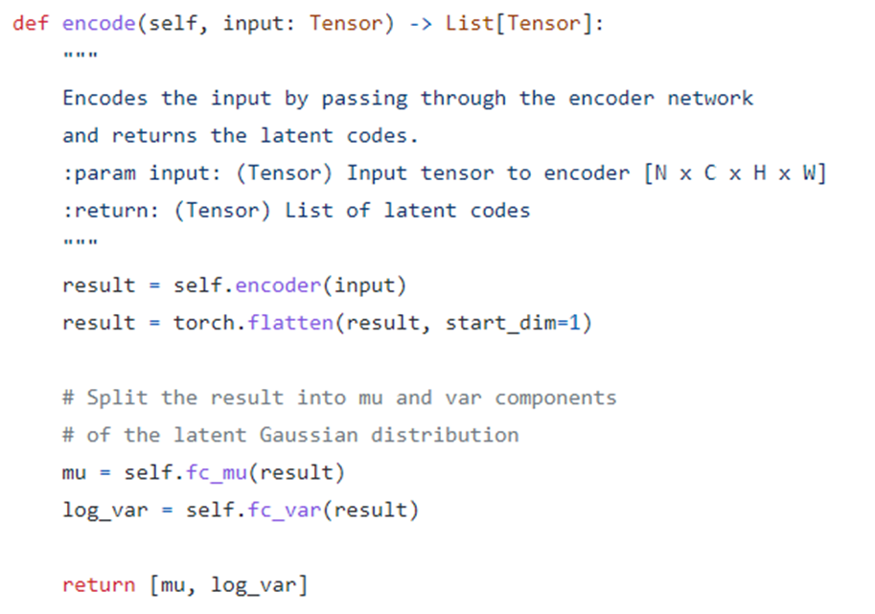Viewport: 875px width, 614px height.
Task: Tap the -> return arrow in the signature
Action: tap(421, 24)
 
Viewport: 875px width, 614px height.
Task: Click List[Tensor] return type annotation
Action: tap(519, 24)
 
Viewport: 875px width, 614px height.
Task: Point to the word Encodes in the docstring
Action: tap(105, 99)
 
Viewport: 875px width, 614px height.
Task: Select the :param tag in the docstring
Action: tap(99, 173)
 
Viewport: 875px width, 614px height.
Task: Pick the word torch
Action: tap(203, 323)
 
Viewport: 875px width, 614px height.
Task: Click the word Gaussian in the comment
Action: tap(309, 435)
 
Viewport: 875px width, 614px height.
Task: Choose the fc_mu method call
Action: tap(222, 472)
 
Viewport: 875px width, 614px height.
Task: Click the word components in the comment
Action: tap(556, 398)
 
